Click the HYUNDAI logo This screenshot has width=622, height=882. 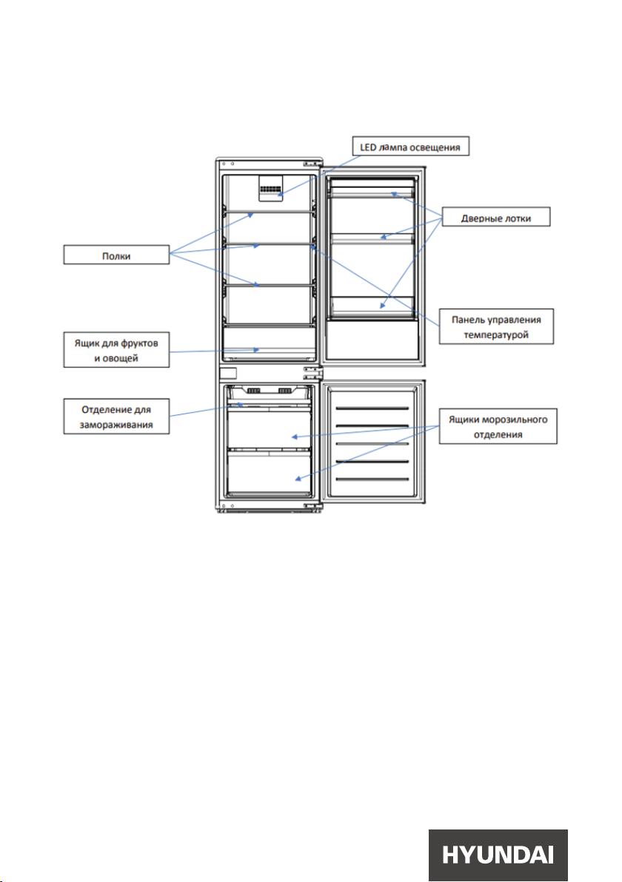(498, 855)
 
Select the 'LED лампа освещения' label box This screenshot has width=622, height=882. (410, 147)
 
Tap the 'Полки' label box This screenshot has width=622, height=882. (116, 255)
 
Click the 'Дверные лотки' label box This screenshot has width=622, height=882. (496, 217)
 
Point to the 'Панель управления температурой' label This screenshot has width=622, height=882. (496, 326)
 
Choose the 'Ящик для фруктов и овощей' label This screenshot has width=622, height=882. (116, 350)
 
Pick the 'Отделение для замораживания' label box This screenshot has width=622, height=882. (116, 417)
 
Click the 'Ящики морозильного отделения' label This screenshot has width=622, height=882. (498, 426)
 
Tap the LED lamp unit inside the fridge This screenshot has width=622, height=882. (270, 187)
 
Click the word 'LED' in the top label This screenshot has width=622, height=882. (368, 147)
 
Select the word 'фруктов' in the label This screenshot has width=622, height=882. (139, 343)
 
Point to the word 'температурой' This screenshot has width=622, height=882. (496, 334)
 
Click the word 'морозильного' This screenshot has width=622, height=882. (515, 420)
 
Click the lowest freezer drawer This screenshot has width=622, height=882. (269, 474)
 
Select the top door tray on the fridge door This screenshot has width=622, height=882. (372, 192)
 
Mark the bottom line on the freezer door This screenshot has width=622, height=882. (372, 479)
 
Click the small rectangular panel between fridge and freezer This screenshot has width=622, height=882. (228, 373)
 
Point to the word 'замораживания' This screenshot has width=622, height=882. (116, 425)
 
